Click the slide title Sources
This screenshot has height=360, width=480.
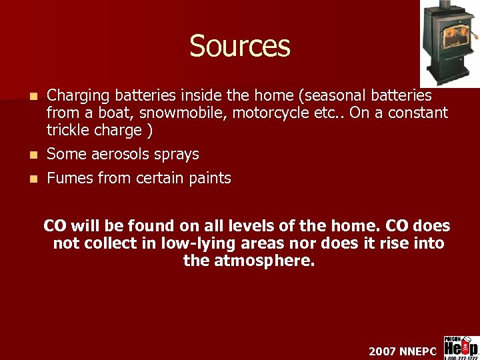tap(240, 46)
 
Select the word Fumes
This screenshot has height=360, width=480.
tap(66, 178)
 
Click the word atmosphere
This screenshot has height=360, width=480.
tap(264, 261)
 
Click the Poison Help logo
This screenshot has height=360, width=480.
tap(461, 347)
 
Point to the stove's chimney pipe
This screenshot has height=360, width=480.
tap(446, 7)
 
